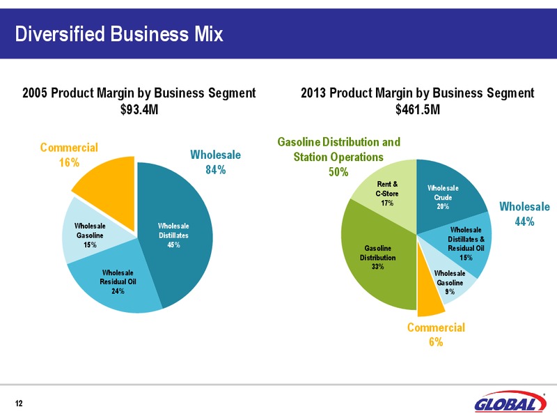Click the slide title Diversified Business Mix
[x=119, y=34]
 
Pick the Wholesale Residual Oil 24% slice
[x=117, y=281]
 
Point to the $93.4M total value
[x=139, y=109]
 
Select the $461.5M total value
[x=418, y=109]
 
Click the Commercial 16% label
[x=69, y=155]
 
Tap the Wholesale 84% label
[x=216, y=162]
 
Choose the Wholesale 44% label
[x=525, y=214]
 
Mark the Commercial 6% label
[x=437, y=334]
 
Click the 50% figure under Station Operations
[x=338, y=172]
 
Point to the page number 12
[x=19, y=403]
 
